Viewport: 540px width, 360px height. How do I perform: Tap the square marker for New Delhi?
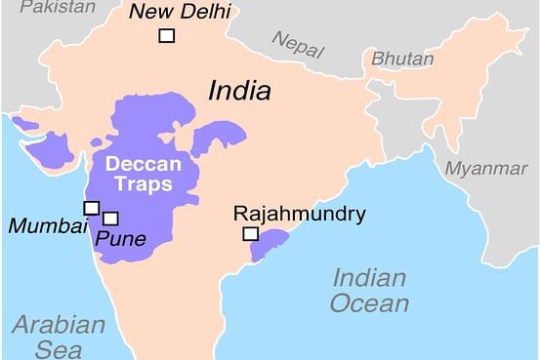(167, 36)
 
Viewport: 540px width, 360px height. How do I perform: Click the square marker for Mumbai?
(91, 208)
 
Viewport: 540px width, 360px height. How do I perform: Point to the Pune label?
(121, 238)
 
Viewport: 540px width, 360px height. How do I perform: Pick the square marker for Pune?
(110, 219)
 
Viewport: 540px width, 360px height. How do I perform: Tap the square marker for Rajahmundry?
(250, 234)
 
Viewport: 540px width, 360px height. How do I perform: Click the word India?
(239, 91)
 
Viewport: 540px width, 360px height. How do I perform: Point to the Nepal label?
(297, 44)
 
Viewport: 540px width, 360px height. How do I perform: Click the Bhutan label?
(401, 59)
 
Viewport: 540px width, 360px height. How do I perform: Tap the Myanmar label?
(485, 168)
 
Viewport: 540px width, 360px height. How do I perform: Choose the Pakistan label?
(59, 7)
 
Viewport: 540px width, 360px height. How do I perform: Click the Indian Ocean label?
(369, 289)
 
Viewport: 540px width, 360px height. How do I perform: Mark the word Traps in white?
(140, 183)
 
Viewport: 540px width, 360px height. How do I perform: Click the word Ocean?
(369, 303)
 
